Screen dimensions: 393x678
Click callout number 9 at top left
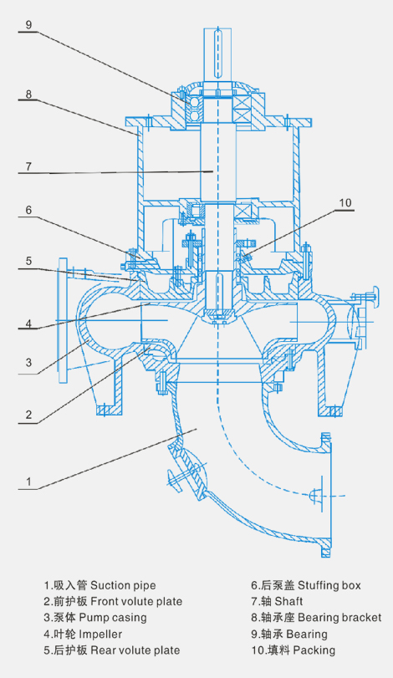click(x=28, y=24)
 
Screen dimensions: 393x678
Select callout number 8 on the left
click(x=28, y=94)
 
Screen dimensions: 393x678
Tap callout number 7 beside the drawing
click(x=28, y=166)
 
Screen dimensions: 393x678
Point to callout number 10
click(x=345, y=203)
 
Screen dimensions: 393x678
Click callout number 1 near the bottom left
click(x=28, y=482)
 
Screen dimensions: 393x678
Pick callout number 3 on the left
click(x=28, y=361)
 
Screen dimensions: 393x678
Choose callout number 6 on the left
click(x=28, y=210)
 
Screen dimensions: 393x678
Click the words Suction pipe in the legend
click(x=123, y=585)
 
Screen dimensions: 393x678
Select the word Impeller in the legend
click(x=100, y=635)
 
